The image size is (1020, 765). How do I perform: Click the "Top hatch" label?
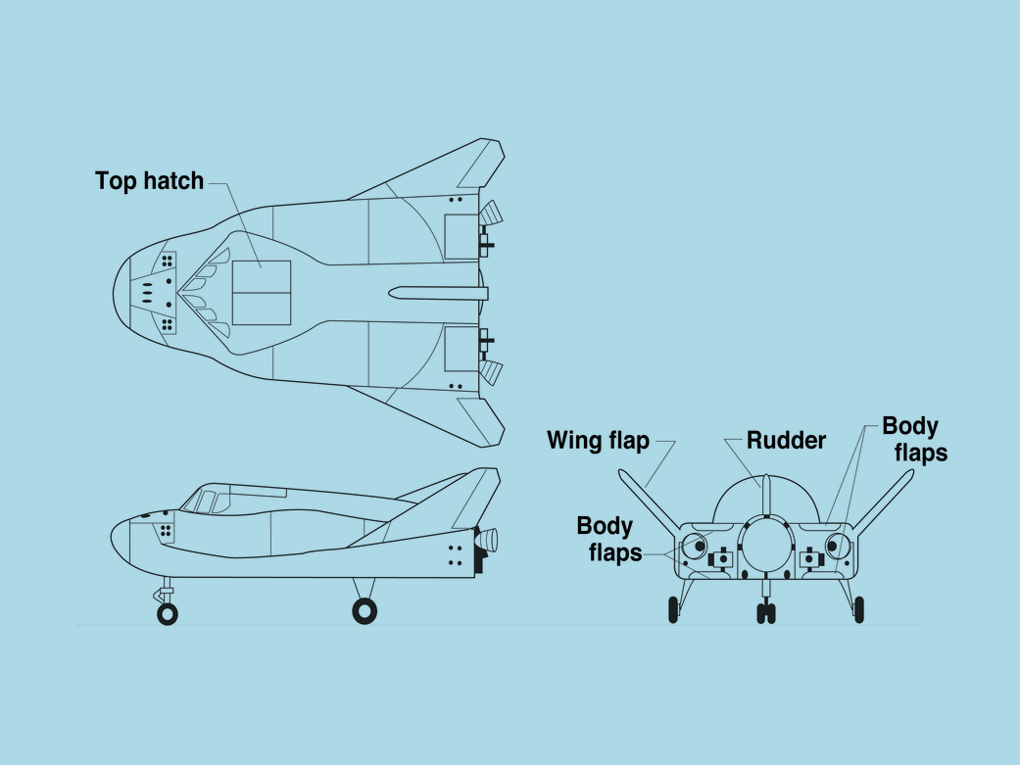pos(149,180)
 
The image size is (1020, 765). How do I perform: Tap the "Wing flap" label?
pos(598,441)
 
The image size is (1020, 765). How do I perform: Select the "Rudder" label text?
pos(786,441)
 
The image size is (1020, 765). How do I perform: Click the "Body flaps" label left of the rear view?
pos(609,540)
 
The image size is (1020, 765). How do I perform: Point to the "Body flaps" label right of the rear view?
pos(914,439)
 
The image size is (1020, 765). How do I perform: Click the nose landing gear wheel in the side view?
pos(168,613)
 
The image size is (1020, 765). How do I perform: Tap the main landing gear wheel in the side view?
pos(364,611)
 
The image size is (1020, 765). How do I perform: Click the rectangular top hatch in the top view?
pos(262,293)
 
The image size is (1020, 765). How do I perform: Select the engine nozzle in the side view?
pos(487,539)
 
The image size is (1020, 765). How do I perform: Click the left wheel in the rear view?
pos(673,609)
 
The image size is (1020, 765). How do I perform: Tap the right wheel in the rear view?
pos(859,609)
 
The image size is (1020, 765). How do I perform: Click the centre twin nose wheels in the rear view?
pos(766,613)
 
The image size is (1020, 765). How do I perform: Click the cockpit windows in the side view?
pos(205,501)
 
